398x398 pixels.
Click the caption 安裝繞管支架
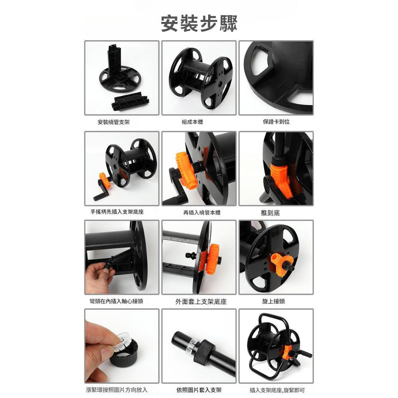click(x=113, y=122)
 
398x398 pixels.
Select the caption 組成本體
click(x=192, y=122)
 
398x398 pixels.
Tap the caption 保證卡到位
click(x=276, y=122)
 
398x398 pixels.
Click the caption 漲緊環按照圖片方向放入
click(x=117, y=390)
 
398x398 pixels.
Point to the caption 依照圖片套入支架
click(x=199, y=390)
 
